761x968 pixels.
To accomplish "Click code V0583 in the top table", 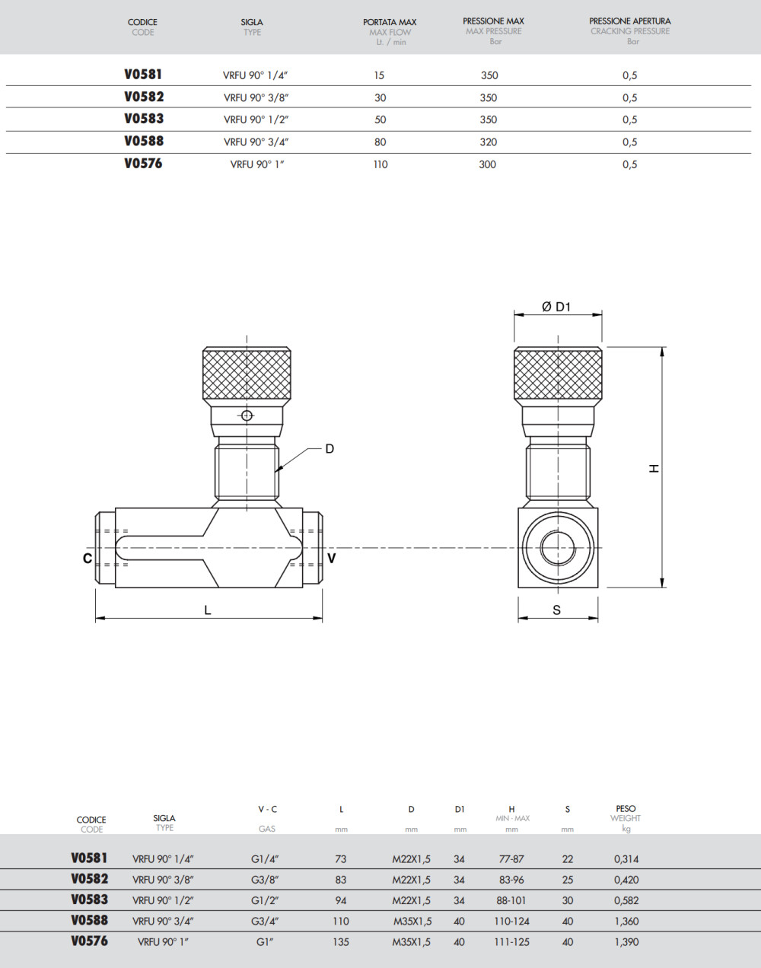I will pos(144,119).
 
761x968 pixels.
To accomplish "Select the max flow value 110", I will pos(380,164).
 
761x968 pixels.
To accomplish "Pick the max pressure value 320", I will pos(489,142).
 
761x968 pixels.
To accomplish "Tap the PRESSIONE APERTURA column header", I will pos(630,21).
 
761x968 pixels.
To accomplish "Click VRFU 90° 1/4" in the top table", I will pos(255,75).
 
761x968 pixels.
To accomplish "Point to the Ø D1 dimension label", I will pos(556,307).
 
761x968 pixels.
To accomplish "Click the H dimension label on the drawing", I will pos(654,469).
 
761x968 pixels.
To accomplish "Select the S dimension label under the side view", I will pos(557,610).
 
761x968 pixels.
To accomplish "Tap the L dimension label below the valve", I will pos(208,610).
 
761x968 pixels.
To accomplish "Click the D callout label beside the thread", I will pos(330,449).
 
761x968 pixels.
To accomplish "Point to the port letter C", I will pos(88,559).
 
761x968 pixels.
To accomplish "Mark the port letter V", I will pos(331,559).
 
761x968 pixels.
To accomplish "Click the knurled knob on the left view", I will pos(247,374).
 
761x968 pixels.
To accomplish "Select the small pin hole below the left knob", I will pos(246,416).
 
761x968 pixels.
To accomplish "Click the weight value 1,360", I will pos(626,922).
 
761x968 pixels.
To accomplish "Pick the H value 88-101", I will pos(511,900).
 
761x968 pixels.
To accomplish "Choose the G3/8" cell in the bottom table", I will pos(266,880).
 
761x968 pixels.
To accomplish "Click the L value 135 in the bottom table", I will pos(341,942).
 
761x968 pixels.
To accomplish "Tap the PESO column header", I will pos(626,809).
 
